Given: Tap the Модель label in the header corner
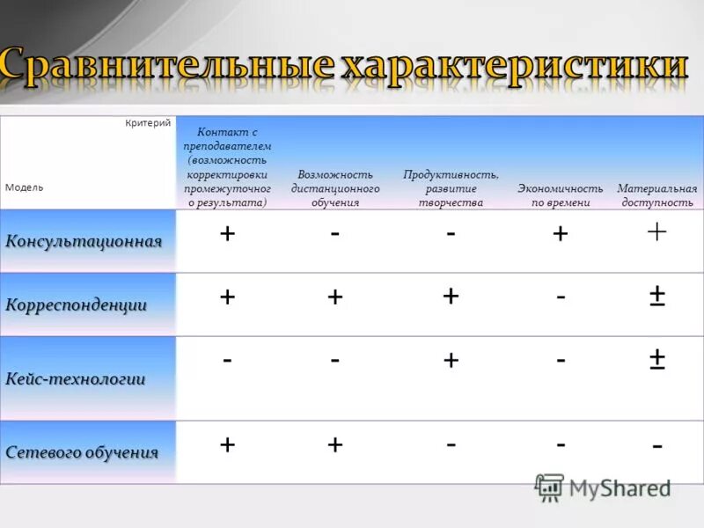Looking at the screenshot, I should click(x=24, y=187).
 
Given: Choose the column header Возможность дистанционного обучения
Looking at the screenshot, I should click(x=335, y=188).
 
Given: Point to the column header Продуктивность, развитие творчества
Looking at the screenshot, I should click(x=451, y=188).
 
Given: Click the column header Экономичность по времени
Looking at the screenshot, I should click(x=561, y=195).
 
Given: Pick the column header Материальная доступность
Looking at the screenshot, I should click(x=656, y=195).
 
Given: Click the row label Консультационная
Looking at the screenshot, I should click(x=84, y=241).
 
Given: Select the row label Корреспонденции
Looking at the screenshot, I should click(x=77, y=304).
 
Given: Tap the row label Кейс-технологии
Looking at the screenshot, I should click(x=76, y=378).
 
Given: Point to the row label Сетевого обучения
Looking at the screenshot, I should click(x=83, y=452).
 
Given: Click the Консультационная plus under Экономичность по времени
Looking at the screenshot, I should click(x=561, y=234).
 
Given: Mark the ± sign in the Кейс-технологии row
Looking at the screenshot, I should click(x=656, y=359).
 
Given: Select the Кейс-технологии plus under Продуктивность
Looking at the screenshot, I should click(x=451, y=360).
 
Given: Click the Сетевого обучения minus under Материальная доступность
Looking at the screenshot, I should click(x=656, y=447).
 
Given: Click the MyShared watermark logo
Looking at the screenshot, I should click(x=602, y=487).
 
